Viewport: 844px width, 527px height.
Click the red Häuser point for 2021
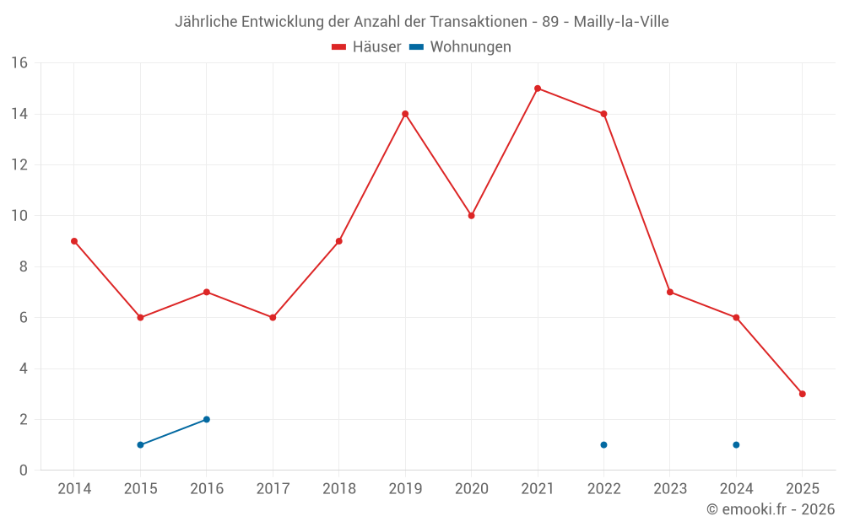tap(538, 89)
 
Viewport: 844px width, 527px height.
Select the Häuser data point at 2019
tap(405, 114)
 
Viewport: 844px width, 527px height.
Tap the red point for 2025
tap(803, 394)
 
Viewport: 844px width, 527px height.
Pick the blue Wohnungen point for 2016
tap(207, 419)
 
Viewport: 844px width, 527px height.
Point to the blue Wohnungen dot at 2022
tap(603, 444)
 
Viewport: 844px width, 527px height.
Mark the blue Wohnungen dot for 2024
tap(736, 444)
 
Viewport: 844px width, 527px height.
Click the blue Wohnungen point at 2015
tap(140, 444)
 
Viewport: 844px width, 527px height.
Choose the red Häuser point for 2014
tap(74, 241)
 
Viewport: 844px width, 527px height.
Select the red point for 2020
tap(471, 216)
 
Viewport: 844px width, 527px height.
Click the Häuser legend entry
tap(366, 47)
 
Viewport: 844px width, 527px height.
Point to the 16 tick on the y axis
tap(19, 63)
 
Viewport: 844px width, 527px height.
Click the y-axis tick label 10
tap(19, 216)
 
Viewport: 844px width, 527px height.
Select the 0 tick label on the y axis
tap(24, 470)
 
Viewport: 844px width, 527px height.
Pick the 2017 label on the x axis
tap(273, 488)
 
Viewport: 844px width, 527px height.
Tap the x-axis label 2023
tap(670, 488)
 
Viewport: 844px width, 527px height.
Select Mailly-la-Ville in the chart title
tap(621, 22)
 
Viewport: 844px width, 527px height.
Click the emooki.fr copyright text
tap(771, 509)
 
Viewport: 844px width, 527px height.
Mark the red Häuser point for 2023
tap(670, 292)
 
